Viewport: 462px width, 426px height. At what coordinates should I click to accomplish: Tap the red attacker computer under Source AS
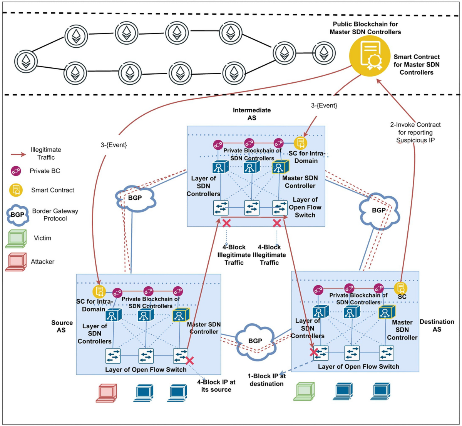(x=106, y=393)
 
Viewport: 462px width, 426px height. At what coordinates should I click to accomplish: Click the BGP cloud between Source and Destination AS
(x=255, y=341)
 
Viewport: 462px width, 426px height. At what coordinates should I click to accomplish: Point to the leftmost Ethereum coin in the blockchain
(x=26, y=61)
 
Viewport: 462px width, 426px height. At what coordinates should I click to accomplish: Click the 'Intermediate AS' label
(x=252, y=114)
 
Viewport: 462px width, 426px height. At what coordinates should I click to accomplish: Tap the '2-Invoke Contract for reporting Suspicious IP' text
(x=415, y=132)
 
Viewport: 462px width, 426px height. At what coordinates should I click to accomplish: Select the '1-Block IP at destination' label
(x=266, y=380)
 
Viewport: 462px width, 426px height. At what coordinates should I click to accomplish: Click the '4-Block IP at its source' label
(x=216, y=386)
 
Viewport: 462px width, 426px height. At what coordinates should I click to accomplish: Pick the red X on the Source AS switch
(x=189, y=361)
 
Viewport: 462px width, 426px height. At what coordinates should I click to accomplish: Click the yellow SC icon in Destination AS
(x=401, y=288)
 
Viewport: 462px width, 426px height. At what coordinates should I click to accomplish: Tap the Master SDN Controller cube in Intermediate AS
(x=280, y=167)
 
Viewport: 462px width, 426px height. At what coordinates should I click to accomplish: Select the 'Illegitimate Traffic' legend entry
(x=46, y=154)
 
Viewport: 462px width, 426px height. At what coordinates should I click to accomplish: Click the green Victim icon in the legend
(x=16, y=239)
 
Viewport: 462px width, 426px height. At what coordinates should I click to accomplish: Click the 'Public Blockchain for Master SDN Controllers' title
(x=365, y=28)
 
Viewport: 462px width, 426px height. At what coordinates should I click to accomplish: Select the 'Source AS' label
(x=62, y=326)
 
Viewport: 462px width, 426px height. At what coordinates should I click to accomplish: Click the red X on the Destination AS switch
(x=314, y=352)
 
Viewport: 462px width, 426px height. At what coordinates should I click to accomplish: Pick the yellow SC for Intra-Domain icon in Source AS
(x=99, y=291)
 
